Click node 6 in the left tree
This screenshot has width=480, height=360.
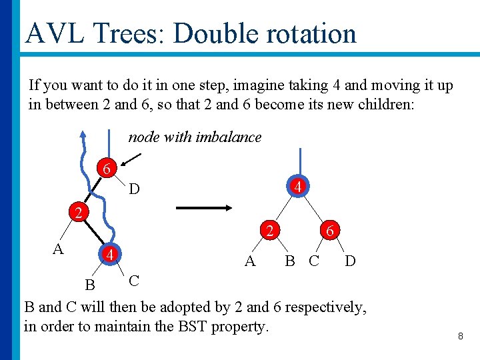click(107, 169)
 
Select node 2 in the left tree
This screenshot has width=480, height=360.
click(79, 213)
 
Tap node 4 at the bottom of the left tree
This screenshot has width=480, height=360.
click(109, 254)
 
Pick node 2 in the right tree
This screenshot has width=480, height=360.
click(269, 231)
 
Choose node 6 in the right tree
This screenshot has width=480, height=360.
click(330, 231)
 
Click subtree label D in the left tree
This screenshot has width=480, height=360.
click(134, 190)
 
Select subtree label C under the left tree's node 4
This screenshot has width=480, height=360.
click(134, 280)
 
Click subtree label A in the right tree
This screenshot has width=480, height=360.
click(250, 261)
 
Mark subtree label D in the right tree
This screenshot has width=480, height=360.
click(350, 261)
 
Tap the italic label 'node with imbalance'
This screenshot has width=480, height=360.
click(195, 137)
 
